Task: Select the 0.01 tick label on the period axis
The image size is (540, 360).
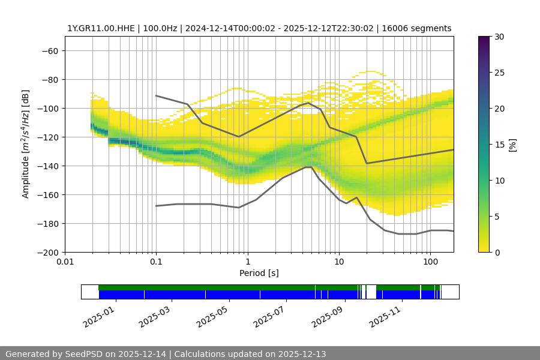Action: pyautogui.click(x=65, y=262)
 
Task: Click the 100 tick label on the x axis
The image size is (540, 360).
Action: pyautogui.click(x=430, y=262)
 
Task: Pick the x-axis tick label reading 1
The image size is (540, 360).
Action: pyautogui.click(x=247, y=262)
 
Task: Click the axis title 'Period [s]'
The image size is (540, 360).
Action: pyautogui.click(x=259, y=273)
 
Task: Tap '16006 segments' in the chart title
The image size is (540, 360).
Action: pyautogui.click(x=420, y=28)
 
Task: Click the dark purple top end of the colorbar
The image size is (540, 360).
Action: pyautogui.click(x=484, y=38)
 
